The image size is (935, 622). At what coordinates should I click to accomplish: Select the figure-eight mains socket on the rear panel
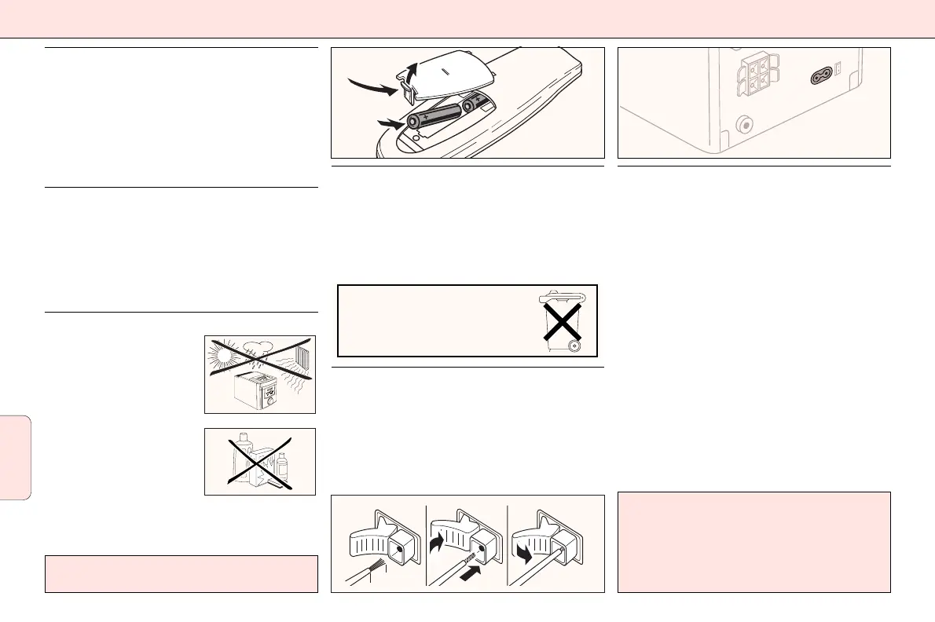tap(823, 76)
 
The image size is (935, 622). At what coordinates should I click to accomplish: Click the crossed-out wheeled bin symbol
tap(563, 320)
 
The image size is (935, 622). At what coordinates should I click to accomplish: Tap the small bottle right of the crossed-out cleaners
tap(282, 466)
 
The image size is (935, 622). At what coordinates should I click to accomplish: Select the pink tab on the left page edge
tap(16, 457)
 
